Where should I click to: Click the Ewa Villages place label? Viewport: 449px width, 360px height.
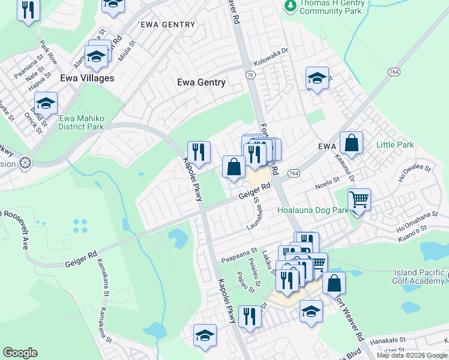pyautogui.click(x=87, y=78)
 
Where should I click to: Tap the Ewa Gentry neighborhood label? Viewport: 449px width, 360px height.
pyautogui.click(x=202, y=82)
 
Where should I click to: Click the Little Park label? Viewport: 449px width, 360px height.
pyautogui.click(x=395, y=145)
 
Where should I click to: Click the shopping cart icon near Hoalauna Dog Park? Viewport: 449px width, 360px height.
pyautogui.click(x=359, y=199)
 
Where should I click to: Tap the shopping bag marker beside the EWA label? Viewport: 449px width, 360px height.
pyautogui.click(x=352, y=143)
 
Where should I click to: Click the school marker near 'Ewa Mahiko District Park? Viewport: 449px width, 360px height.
pyautogui.click(x=46, y=103)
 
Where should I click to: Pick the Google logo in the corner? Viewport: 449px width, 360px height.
pyautogui.click(x=20, y=353)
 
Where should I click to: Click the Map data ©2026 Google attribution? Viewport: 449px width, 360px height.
pyautogui.click(x=412, y=355)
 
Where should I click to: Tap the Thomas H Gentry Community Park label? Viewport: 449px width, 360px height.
pyautogui.click(x=331, y=7)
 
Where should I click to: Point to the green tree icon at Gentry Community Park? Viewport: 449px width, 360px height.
pyautogui.click(x=291, y=5)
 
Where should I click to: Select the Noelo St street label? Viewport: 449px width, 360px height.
pyautogui.click(x=328, y=179)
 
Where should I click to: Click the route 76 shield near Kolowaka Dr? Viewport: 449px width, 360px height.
pyautogui.click(x=250, y=74)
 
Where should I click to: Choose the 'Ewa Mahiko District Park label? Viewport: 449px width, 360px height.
pyautogui.click(x=81, y=122)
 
